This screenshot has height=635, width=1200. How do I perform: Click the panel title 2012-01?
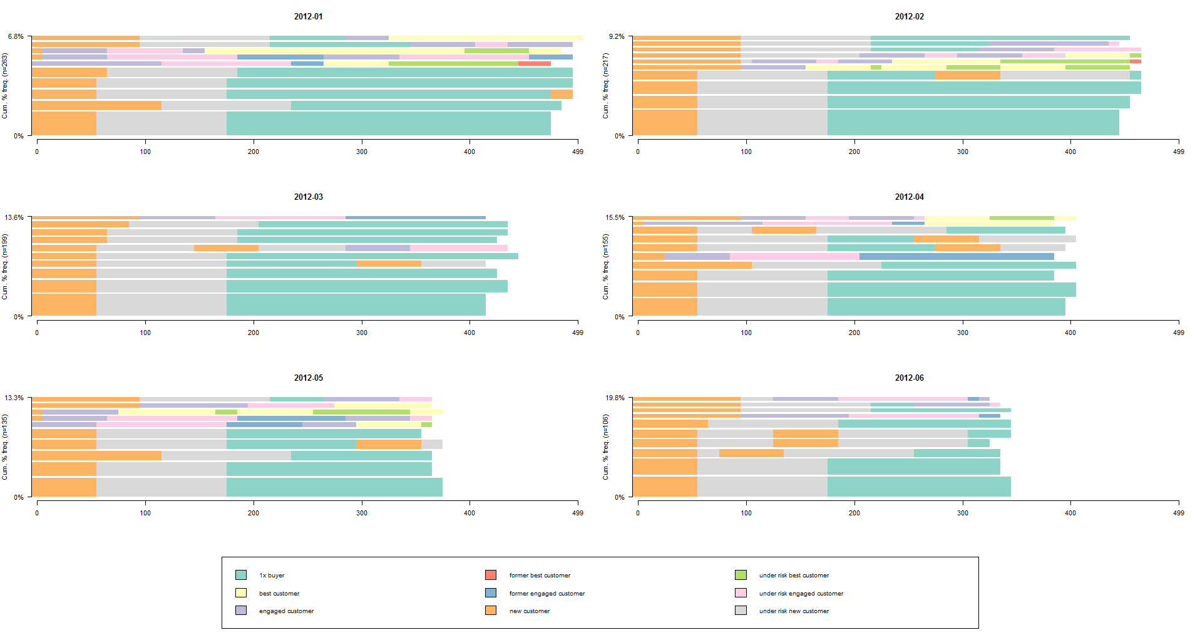(x=309, y=16)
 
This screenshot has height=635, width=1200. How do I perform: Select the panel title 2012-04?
(x=910, y=197)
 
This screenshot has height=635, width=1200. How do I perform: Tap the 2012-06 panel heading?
(x=910, y=378)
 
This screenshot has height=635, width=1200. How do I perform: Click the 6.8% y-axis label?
(x=16, y=36)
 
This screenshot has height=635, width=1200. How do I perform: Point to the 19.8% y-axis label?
(x=615, y=398)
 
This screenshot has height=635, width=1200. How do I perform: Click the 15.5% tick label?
(x=615, y=217)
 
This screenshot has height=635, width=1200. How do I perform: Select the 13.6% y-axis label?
(x=14, y=217)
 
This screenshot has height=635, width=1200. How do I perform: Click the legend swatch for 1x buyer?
(x=241, y=575)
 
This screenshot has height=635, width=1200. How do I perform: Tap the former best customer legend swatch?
(x=491, y=575)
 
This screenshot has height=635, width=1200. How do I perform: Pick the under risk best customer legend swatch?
(x=741, y=575)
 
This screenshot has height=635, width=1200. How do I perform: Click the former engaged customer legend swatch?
(x=491, y=592)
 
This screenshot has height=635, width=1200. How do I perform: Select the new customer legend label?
(x=530, y=611)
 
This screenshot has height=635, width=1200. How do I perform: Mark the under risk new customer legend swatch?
(x=741, y=610)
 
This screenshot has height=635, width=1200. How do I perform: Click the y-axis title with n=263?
(x=5, y=86)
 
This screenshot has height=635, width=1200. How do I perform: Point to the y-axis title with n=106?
(x=605, y=447)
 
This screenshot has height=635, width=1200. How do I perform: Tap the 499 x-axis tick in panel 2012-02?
(x=1179, y=152)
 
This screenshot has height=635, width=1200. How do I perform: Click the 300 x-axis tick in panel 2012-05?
(x=362, y=513)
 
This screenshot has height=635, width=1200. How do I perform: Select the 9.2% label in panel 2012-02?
(x=617, y=36)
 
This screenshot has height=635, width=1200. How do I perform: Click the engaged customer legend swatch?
(x=241, y=610)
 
